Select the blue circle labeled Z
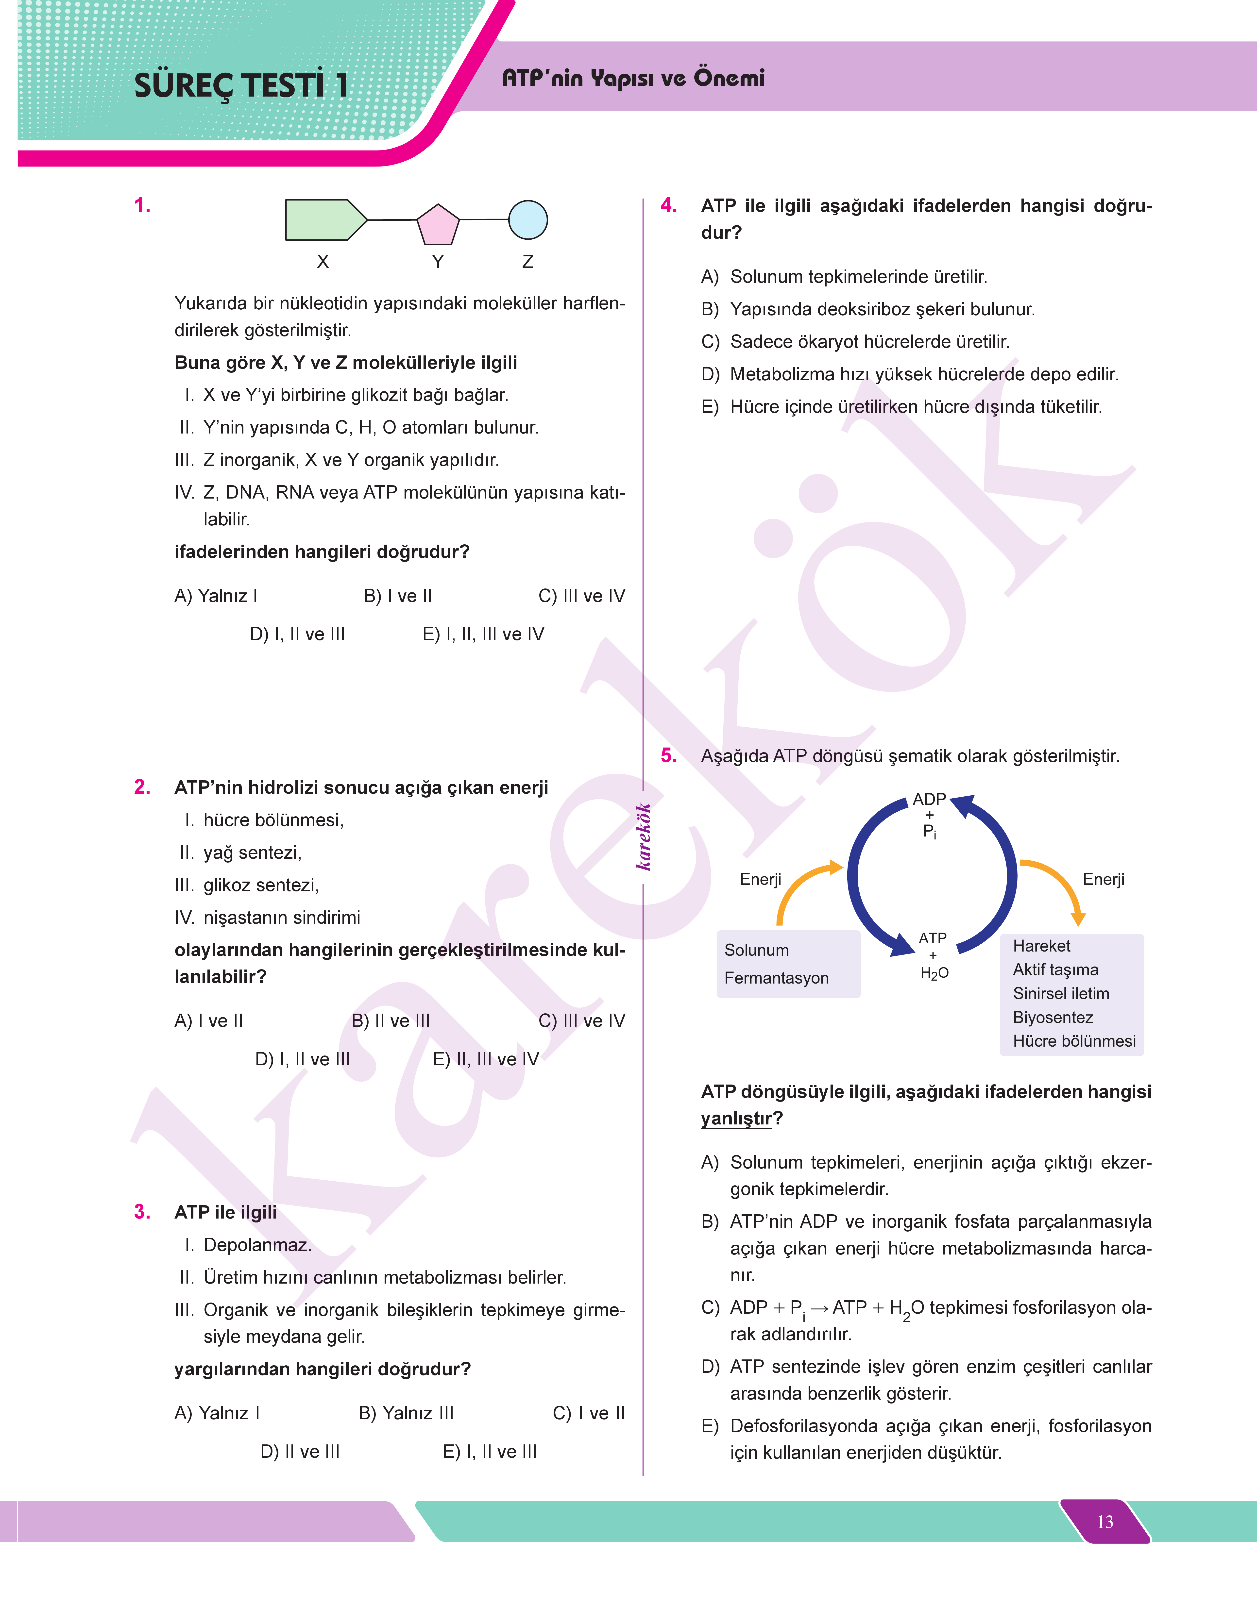(x=528, y=220)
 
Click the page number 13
(x=1105, y=1522)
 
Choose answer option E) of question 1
(x=483, y=634)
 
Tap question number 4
(x=668, y=205)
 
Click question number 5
(x=668, y=755)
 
